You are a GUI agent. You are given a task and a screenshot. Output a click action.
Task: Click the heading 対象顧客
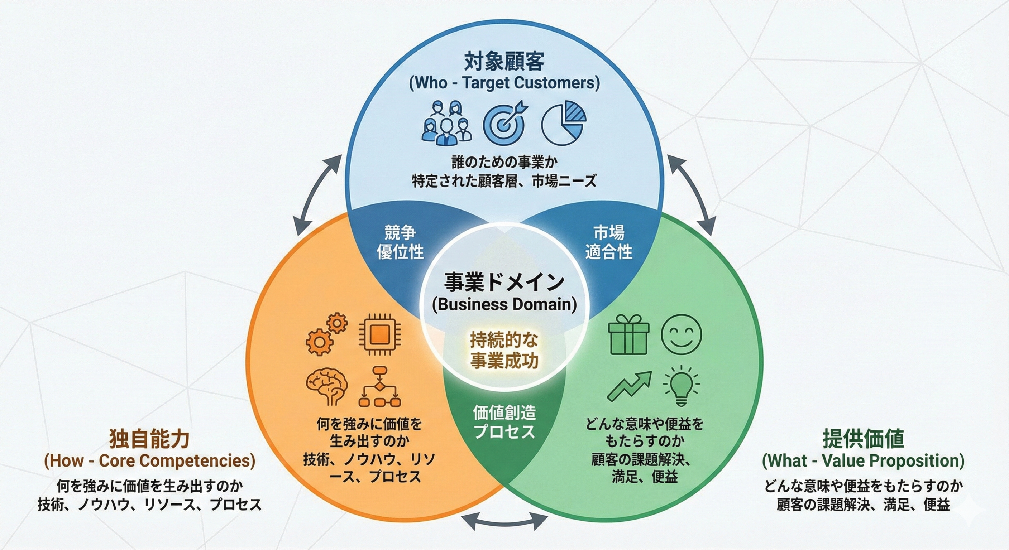point(504,62)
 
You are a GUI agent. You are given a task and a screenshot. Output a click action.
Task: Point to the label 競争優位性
point(400,242)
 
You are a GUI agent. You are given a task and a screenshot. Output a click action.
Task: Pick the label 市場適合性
point(608,242)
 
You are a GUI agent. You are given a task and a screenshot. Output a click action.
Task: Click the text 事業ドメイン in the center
point(504,282)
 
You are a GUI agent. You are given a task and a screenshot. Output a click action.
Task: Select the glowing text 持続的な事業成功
point(504,350)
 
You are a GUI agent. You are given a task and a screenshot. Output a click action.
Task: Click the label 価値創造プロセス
point(504,422)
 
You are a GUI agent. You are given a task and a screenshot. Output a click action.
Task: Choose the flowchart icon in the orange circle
point(379,386)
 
